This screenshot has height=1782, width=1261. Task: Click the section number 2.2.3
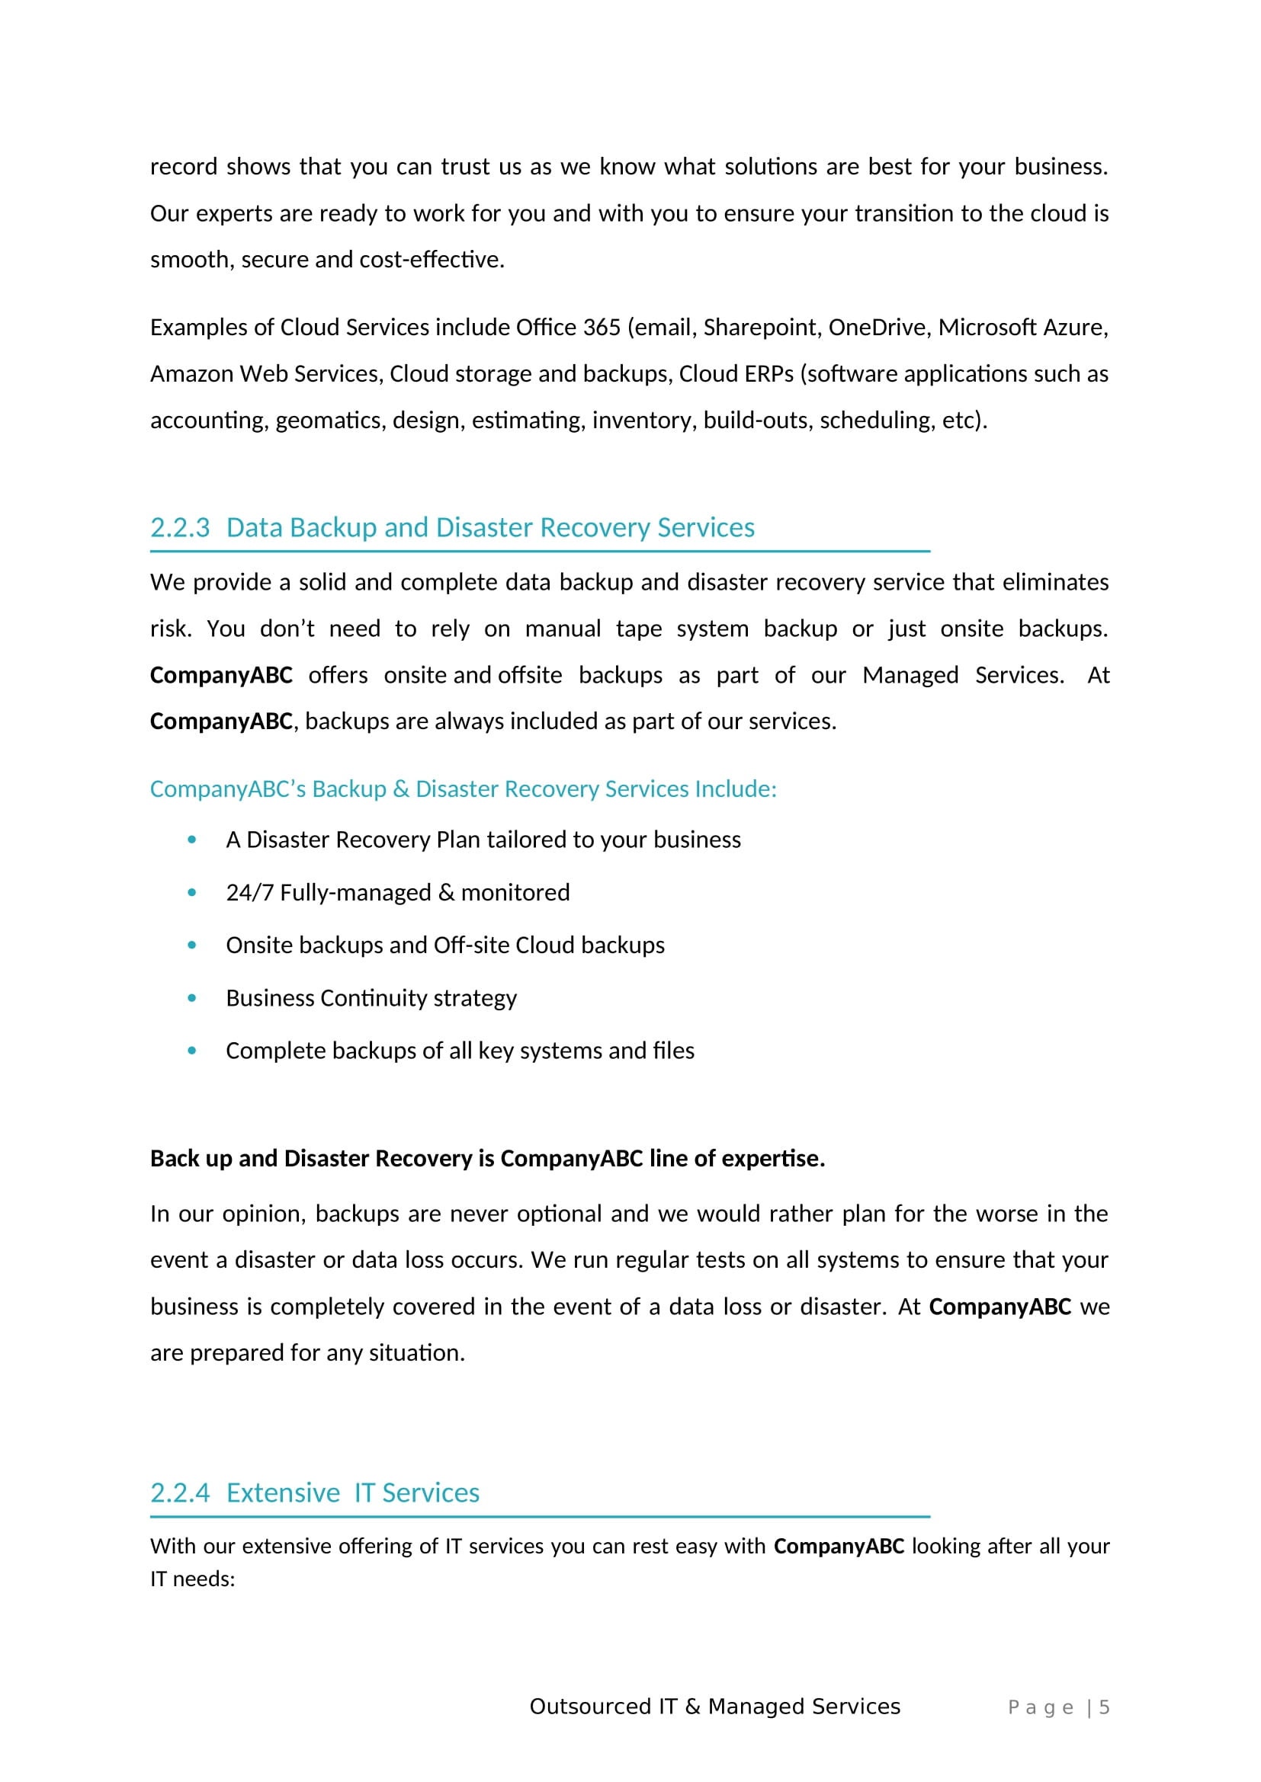coord(180,528)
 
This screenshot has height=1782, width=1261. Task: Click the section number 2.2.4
coord(180,1492)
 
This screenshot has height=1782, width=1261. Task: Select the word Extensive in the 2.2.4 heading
coord(284,1492)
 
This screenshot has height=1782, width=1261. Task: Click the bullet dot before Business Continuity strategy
coord(192,998)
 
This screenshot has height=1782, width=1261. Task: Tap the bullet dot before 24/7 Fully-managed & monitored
coord(192,893)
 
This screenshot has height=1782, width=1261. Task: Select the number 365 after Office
coord(602,328)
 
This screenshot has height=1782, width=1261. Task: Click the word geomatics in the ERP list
coord(330,421)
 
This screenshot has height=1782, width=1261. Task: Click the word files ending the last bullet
coord(673,1051)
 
